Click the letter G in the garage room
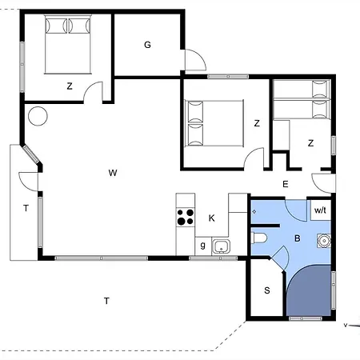click(147, 45)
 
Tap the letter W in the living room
click(113, 173)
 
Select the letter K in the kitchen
click(211, 218)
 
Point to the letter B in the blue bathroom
click(298, 238)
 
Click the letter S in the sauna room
click(267, 290)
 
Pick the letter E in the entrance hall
click(286, 184)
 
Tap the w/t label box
click(321, 210)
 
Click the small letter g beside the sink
click(203, 245)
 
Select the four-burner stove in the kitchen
click(186, 217)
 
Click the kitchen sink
click(221, 246)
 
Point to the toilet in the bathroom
click(259, 238)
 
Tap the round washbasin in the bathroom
click(324, 241)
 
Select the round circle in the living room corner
click(38, 116)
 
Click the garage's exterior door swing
click(195, 60)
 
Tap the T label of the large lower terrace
click(106, 301)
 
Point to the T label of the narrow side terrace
click(26, 208)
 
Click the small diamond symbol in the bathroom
click(254, 212)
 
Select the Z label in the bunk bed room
click(310, 143)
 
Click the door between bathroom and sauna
click(280, 258)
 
